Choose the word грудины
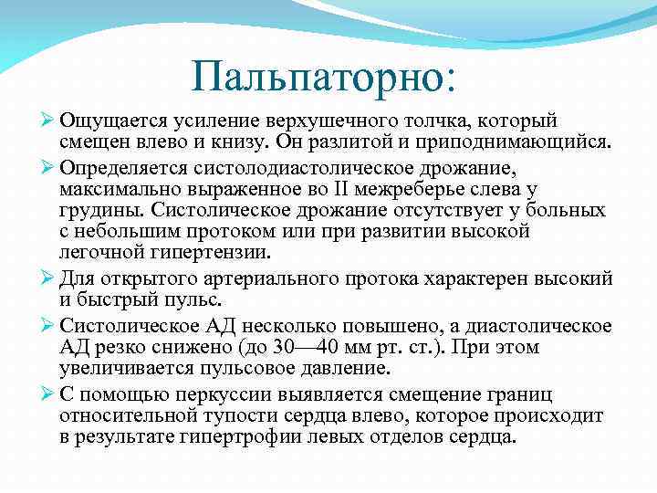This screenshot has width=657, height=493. (x=97, y=211)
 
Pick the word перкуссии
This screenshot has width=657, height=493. (x=261, y=393)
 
